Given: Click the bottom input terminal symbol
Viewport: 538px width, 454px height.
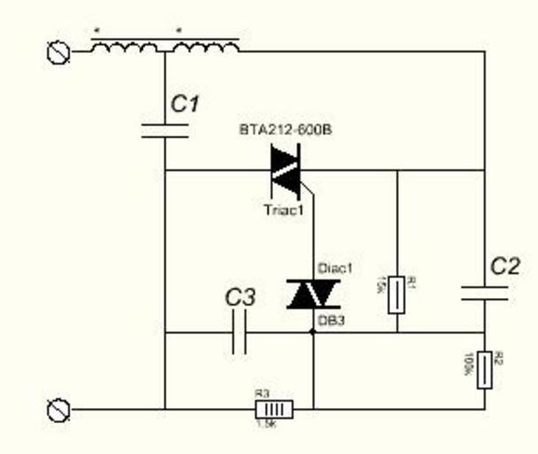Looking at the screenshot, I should (x=58, y=410).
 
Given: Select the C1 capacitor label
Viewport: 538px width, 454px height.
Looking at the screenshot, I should (x=184, y=105).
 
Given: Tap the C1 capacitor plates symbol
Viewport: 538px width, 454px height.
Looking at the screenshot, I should (x=165, y=131).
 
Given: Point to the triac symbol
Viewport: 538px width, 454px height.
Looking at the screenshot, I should (x=287, y=169).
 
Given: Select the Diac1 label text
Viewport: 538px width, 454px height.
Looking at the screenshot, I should (x=335, y=268).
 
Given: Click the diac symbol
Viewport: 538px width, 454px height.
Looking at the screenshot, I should (x=313, y=293).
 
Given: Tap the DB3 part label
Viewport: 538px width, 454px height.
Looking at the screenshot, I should (x=331, y=318).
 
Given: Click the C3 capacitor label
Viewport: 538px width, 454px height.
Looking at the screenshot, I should (x=239, y=297).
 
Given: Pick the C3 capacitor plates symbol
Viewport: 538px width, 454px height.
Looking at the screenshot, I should (x=238, y=334).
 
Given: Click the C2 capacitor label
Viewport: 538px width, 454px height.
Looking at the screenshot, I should (x=504, y=266).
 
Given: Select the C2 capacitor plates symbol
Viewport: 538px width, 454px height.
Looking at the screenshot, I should (x=484, y=294).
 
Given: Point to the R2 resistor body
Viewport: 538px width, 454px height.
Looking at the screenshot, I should (x=484, y=369).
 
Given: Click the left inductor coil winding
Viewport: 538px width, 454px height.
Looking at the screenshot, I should (x=125, y=48).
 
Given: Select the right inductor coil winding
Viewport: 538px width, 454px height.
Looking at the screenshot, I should (x=206, y=48).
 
